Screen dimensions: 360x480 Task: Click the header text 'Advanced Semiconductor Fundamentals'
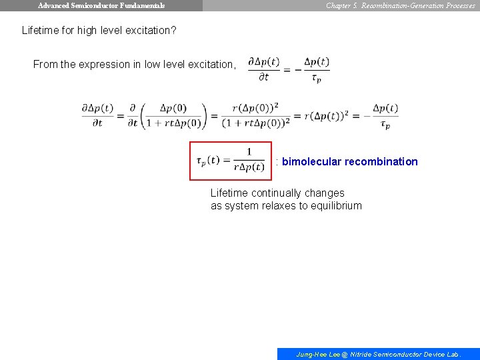click(101, 5)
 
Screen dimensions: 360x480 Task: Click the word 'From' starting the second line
click(45, 65)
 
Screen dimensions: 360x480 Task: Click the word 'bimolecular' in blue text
click(311, 161)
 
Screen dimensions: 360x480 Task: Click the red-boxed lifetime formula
click(231, 161)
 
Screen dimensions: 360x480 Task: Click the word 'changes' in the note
click(324, 193)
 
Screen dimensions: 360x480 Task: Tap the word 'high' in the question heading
click(89, 31)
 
